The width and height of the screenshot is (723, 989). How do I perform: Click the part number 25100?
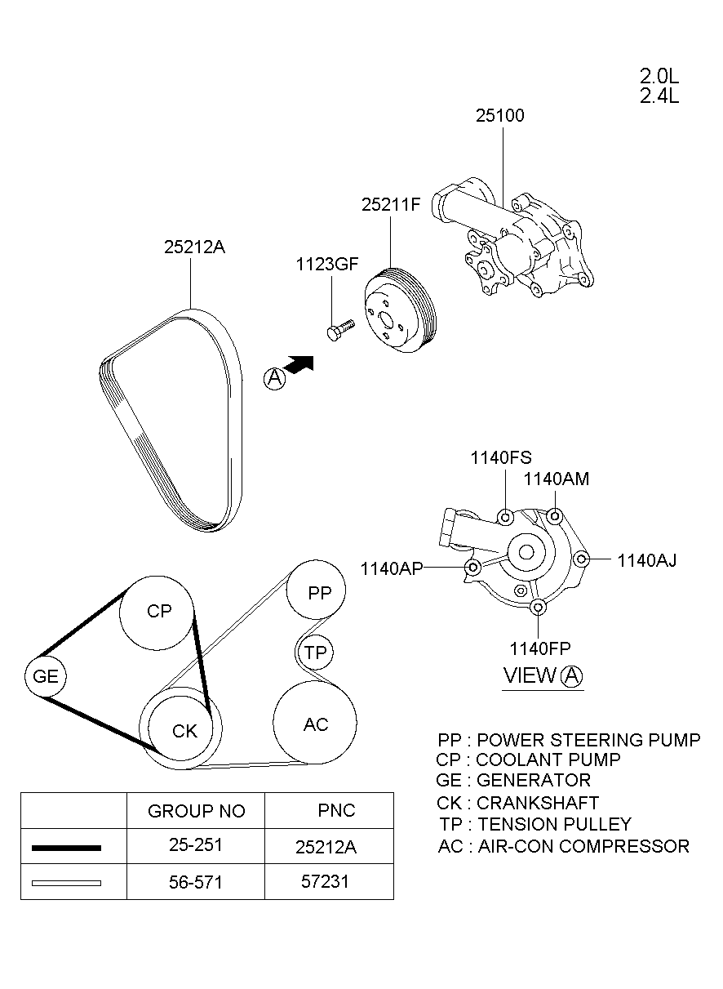click(500, 116)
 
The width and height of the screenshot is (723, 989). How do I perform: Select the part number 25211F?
click(390, 205)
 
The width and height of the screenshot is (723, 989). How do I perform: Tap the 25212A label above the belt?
click(194, 247)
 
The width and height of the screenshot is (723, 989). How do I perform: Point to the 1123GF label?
click(327, 264)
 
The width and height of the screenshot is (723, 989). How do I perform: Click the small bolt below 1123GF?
click(339, 330)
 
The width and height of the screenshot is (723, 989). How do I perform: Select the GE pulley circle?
click(46, 677)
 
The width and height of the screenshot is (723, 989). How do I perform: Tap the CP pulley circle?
click(157, 612)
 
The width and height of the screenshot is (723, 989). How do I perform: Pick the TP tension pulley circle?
click(314, 653)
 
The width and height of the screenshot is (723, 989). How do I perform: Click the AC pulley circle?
click(315, 724)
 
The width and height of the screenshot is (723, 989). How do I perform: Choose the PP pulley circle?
click(317, 592)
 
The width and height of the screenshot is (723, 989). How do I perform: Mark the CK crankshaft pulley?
click(184, 730)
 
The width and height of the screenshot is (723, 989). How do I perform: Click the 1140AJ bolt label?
click(646, 560)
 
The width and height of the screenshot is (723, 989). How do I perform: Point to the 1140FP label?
click(540, 648)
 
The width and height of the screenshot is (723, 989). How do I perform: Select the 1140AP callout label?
click(392, 568)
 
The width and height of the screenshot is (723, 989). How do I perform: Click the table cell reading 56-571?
click(195, 882)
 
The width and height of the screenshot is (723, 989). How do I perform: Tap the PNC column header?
click(336, 810)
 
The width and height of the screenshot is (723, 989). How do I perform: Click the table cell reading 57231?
click(326, 882)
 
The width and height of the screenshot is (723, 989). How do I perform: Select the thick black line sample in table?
click(66, 848)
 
